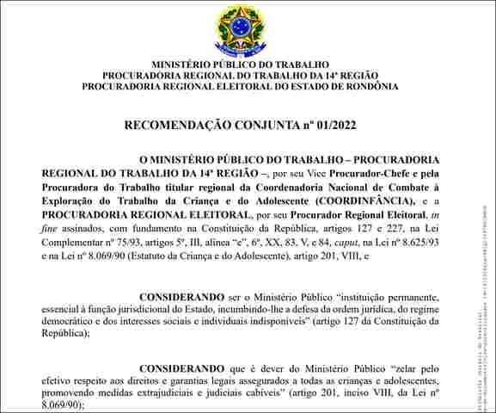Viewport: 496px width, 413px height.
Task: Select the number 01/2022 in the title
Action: coord(334,126)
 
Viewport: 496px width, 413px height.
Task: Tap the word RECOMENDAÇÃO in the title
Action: coord(178,126)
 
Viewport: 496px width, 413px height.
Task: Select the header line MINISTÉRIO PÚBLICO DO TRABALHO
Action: coord(241,65)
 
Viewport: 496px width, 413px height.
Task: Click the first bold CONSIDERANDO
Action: coord(181,296)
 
